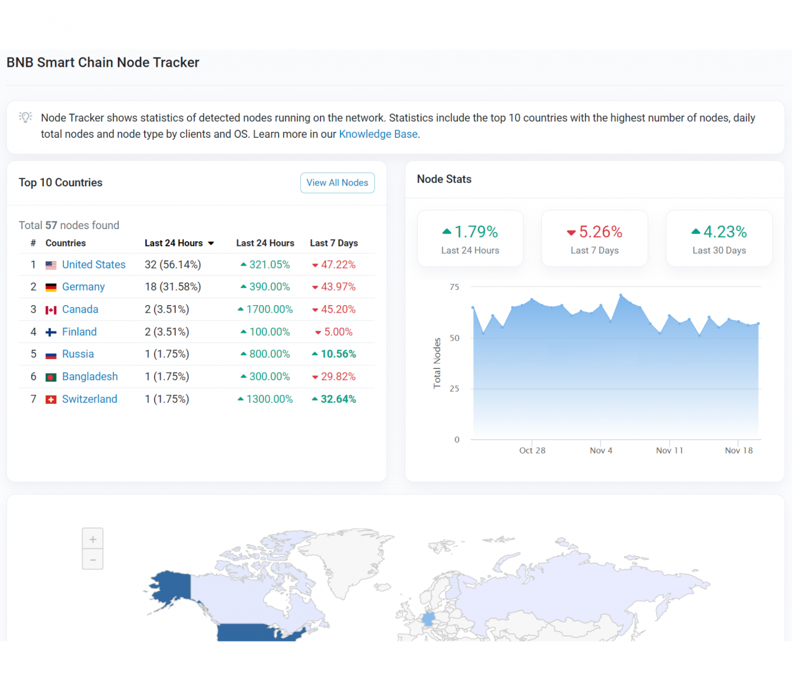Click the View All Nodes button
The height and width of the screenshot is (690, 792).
pyautogui.click(x=337, y=183)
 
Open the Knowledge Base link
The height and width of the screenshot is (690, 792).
pyautogui.click(x=378, y=134)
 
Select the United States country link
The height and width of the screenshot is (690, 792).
pyautogui.click(x=93, y=264)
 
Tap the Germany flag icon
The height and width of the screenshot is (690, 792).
pyautogui.click(x=51, y=287)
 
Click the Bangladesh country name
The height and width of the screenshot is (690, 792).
pyautogui.click(x=90, y=376)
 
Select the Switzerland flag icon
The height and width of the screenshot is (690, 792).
pyautogui.click(x=51, y=400)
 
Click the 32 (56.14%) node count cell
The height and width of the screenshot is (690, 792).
pyautogui.click(x=173, y=264)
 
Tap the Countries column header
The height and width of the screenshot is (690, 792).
pyautogui.click(x=65, y=243)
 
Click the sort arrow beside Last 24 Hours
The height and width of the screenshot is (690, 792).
pyautogui.click(x=211, y=243)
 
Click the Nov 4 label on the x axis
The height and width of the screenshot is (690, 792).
pyautogui.click(x=601, y=450)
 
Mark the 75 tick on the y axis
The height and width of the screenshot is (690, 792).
pyautogui.click(x=454, y=287)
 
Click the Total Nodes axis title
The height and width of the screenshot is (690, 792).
pyautogui.click(x=437, y=363)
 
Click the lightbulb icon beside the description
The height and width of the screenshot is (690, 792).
pyautogui.click(x=25, y=117)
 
